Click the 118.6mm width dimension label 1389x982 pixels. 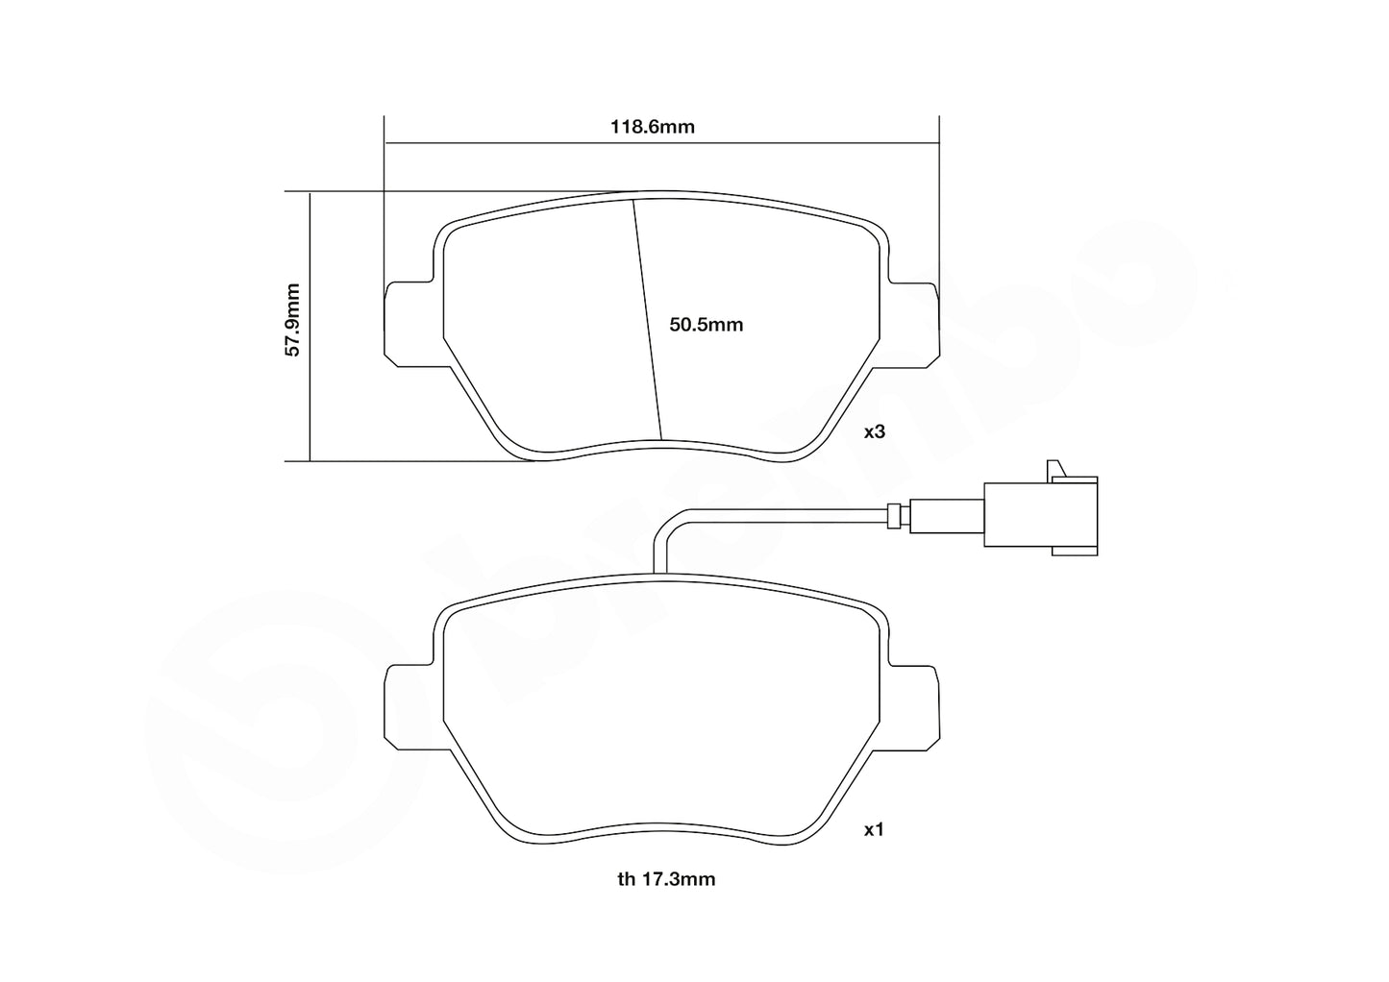(x=653, y=127)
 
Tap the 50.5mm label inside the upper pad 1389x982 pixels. (x=707, y=325)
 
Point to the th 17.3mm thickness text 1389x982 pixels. (x=666, y=878)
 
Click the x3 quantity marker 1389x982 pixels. (x=873, y=432)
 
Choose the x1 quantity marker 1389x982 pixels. (x=873, y=829)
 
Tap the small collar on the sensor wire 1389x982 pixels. (x=896, y=516)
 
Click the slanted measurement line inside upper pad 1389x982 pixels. (x=647, y=317)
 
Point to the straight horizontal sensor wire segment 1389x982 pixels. (x=788, y=510)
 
